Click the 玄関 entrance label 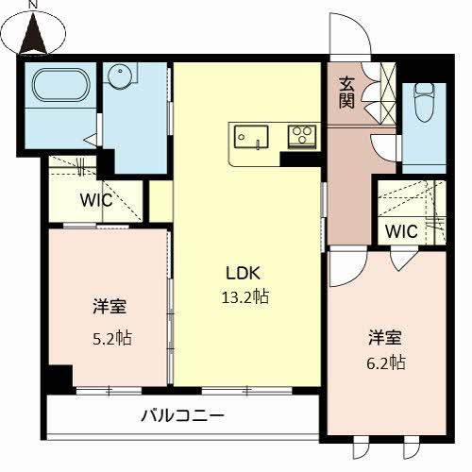click(347, 92)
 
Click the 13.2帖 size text click(244, 296)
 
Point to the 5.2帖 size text click(110, 338)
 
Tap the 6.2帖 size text click(386, 362)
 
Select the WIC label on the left click(95, 200)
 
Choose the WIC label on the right click(400, 231)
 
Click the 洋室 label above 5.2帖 click(110, 308)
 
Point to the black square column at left click(60, 377)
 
